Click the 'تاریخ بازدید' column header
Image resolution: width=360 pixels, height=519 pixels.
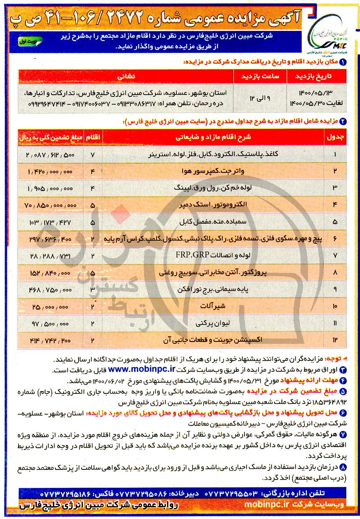pos(316,76)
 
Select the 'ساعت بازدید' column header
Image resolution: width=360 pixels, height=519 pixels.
pos(260,76)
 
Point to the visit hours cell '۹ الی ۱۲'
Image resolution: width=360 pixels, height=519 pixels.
pos(260,98)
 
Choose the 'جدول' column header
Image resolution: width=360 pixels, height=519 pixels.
pos(335,137)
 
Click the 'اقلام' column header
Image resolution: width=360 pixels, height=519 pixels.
pos(93,137)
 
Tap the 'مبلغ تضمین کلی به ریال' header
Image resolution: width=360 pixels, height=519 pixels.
pos(51,137)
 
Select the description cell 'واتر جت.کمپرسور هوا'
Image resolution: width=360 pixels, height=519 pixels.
pos(213,171)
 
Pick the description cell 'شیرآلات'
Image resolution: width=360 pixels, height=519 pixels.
pos(213,306)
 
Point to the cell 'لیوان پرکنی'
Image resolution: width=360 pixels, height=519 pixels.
pos(213,323)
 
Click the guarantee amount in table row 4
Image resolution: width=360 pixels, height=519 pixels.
pos(51,205)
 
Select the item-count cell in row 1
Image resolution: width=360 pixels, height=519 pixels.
pos(93,155)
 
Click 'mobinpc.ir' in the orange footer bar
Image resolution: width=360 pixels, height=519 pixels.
pos(267,504)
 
